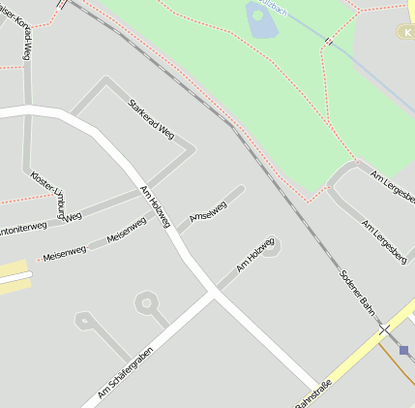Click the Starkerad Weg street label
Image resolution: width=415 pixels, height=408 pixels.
pyautogui.click(x=151, y=117)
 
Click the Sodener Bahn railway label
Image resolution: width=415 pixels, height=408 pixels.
pyautogui.click(x=357, y=291)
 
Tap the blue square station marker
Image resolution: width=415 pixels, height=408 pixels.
pyautogui.click(x=403, y=350)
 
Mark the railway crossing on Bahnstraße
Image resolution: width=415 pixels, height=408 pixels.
pyautogui.click(x=384, y=330)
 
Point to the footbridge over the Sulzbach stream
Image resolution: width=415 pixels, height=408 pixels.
pyautogui.click(x=329, y=42)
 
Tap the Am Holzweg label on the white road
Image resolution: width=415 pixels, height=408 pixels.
pyautogui.click(x=155, y=206)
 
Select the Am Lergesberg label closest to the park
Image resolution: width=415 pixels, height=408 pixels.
pyautogui.click(x=393, y=187)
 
